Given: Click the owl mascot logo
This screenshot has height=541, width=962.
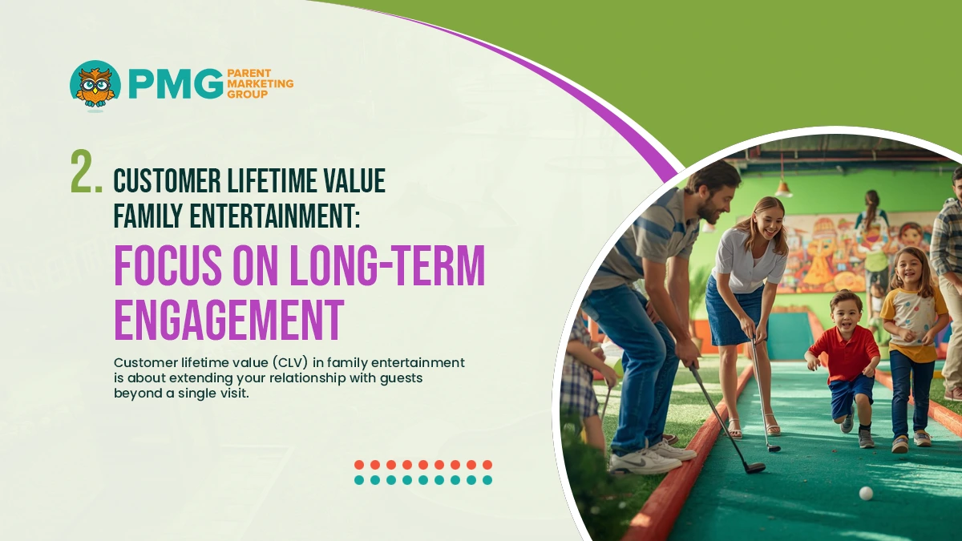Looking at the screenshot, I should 95,84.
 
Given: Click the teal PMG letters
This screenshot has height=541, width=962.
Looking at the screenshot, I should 175,84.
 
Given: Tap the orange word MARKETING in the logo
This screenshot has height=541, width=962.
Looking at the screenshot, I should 261,83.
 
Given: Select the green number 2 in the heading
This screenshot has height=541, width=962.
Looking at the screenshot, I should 85,172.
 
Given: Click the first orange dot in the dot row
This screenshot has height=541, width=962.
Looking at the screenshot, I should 359,465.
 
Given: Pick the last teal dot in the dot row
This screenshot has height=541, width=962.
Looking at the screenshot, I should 487,480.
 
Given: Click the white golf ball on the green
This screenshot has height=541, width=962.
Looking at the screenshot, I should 865,493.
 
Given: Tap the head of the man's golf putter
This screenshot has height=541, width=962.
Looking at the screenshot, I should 753,466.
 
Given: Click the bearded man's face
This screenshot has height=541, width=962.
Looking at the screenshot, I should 716,202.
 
